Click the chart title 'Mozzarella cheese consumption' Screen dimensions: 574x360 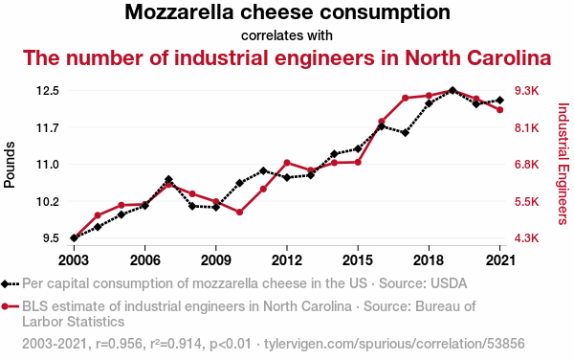coord(287,12)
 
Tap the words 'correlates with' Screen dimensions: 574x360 coord(287,35)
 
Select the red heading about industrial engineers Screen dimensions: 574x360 coord(287,57)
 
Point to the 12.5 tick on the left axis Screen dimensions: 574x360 coord(48,90)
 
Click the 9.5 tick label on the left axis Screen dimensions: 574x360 coord(51,238)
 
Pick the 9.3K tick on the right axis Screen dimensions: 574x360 coord(527,90)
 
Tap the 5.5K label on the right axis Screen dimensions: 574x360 coord(527,201)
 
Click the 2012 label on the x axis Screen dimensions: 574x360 coord(287,260)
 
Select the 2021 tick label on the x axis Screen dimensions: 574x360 coord(500,260)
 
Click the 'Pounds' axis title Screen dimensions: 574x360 coord(10,165)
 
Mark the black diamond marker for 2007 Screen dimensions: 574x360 coord(168,179)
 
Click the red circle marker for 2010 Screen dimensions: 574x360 coord(239,212)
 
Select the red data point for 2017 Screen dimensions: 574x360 coord(406,98)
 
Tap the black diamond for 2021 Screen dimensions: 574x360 coord(500,100)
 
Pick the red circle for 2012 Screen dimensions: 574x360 coord(287,163)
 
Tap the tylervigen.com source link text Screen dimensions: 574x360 coord(394,344)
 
